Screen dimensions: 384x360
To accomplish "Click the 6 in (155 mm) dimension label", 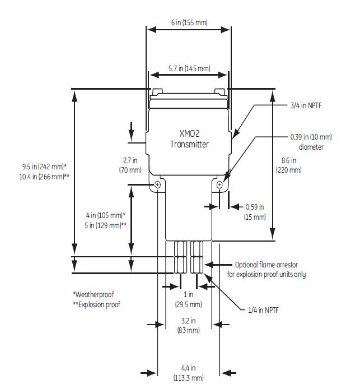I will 188,23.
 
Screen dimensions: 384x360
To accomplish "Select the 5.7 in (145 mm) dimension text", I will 189,68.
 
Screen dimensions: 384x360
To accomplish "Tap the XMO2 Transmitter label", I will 189,140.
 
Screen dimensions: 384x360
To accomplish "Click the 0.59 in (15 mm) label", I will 255,212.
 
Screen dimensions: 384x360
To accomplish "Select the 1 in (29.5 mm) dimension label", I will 188,299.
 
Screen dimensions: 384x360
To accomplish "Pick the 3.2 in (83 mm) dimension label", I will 188,326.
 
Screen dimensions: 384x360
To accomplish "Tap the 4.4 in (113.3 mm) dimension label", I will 188,372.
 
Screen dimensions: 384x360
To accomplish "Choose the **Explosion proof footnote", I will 96,304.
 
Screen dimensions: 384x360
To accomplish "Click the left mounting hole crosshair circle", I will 158,184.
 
